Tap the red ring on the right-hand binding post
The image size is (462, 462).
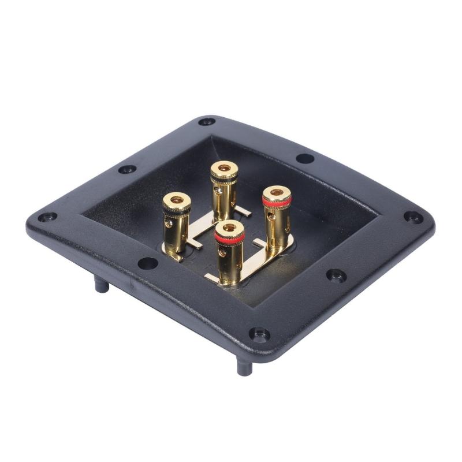[277, 202]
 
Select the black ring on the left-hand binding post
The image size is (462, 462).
[176, 210]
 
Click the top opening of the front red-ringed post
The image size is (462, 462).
[229, 228]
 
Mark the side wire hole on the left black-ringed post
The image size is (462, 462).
[169, 222]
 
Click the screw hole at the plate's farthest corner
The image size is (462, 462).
[207, 122]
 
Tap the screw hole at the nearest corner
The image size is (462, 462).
[259, 334]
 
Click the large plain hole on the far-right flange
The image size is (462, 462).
[305, 158]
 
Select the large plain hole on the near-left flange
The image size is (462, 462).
[148, 263]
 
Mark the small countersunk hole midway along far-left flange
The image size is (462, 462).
[127, 169]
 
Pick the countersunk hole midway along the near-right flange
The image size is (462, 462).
[337, 275]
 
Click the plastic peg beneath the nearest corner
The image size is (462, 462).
[244, 366]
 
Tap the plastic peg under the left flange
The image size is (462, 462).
[102, 284]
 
